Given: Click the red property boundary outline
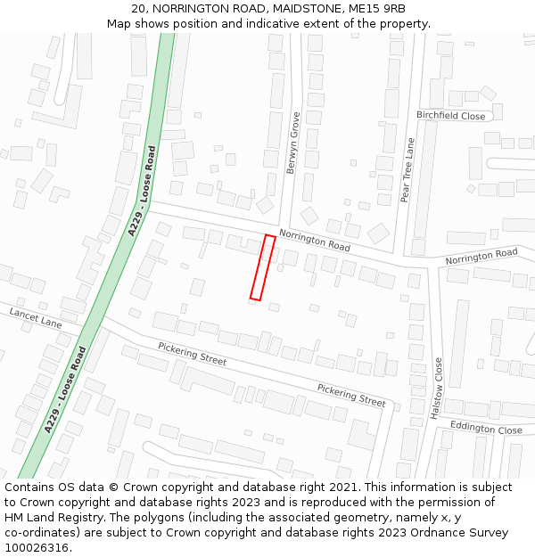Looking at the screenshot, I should (262, 267).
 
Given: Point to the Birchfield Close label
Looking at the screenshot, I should (450, 116).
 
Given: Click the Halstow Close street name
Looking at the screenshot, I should (437, 390).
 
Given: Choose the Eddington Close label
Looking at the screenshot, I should (485, 429).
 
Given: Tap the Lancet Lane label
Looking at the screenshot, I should (36, 318).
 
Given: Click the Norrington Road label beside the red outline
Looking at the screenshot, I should (314, 240).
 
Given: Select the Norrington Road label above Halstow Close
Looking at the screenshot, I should (481, 257).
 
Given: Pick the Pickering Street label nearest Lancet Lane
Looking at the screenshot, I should (192, 354).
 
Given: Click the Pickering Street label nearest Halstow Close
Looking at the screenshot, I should (351, 395).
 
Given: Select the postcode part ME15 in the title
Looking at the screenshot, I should (366, 8).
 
